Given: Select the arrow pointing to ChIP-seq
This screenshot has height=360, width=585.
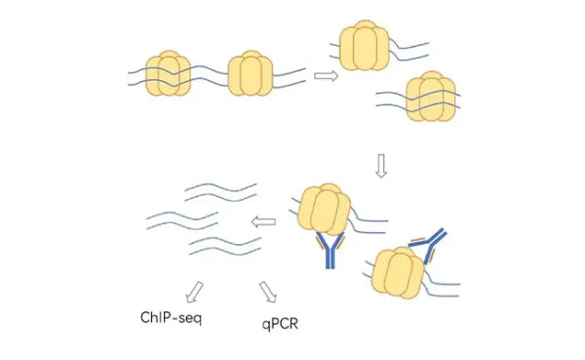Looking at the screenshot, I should [x=195, y=290].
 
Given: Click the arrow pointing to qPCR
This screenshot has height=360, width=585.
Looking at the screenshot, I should [x=268, y=291].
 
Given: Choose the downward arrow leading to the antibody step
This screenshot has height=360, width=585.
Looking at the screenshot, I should [x=381, y=167].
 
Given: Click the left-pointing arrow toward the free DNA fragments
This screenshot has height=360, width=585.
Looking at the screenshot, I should [x=263, y=223].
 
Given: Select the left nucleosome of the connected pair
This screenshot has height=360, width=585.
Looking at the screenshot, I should [x=168, y=75].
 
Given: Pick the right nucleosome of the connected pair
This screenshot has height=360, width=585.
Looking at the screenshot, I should [x=252, y=75].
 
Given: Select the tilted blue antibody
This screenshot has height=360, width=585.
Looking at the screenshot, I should [x=429, y=242].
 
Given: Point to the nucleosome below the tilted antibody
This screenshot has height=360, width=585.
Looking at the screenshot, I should [x=400, y=273].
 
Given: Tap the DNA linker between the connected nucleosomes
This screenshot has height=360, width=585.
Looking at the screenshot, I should [x=210, y=75].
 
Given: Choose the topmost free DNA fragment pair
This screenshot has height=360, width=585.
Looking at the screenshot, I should [x=221, y=187].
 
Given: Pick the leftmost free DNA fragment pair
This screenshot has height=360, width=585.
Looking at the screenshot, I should [x=181, y=217].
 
